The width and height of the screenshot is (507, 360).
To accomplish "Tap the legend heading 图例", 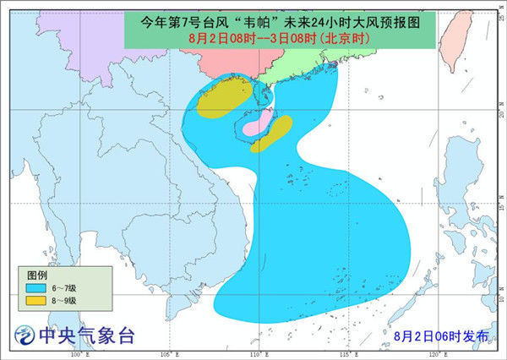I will click(x=37, y=275).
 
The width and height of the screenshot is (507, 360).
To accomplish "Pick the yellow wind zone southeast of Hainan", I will click(x=272, y=134).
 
